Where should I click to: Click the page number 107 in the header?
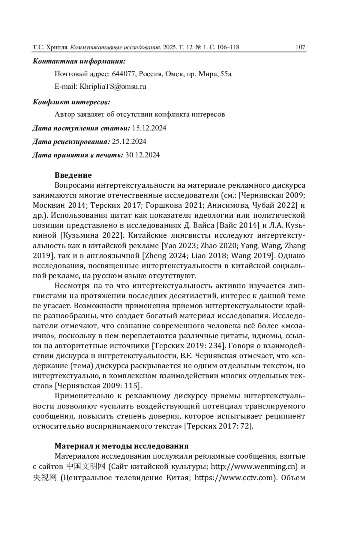pyautogui.click(x=300, y=47)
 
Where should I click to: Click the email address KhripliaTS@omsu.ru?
pyautogui.click(x=112, y=87)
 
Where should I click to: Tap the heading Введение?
pyautogui.click(x=73, y=175)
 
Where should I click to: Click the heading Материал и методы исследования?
pyautogui.click(x=121, y=446)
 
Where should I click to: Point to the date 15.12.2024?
pyautogui.click(x=149, y=128)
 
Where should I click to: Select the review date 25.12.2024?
pyautogui.click(x=129, y=141)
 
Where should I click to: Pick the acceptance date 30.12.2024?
pyautogui.click(x=142, y=155)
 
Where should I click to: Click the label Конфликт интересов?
pyautogui.click(x=71, y=102)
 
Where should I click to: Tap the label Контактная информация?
pyautogui.click(x=79, y=61)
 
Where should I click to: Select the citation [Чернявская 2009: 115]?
pyautogui.click(x=99, y=386)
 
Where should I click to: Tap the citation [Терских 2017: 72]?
pyautogui.click(x=219, y=426)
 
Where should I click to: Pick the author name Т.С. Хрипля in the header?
pyautogui.click(x=51, y=47)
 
